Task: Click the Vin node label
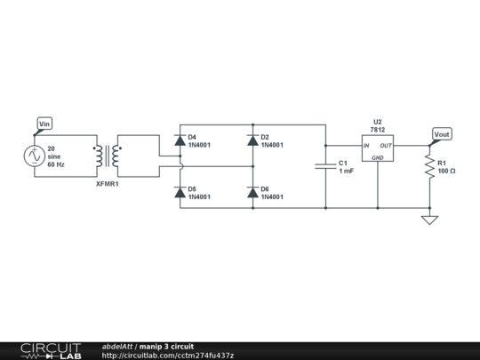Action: [44, 123]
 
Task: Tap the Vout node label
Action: [442, 134]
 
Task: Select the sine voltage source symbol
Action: [34, 156]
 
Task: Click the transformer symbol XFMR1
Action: [108, 156]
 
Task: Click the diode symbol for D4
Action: [180, 140]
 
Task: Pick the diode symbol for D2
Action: [252, 140]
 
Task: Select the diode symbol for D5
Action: [180, 192]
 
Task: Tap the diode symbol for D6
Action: [252, 192]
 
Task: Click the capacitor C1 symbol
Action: [325, 166]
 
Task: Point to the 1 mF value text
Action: [346, 171]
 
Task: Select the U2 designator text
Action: [377, 121]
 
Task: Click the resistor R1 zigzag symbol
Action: [429, 166]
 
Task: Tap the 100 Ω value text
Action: [447, 171]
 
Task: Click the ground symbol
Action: [429, 218]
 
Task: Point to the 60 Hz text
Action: [57, 164]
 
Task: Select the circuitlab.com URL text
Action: [168, 356]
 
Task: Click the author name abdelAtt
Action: [117, 346]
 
